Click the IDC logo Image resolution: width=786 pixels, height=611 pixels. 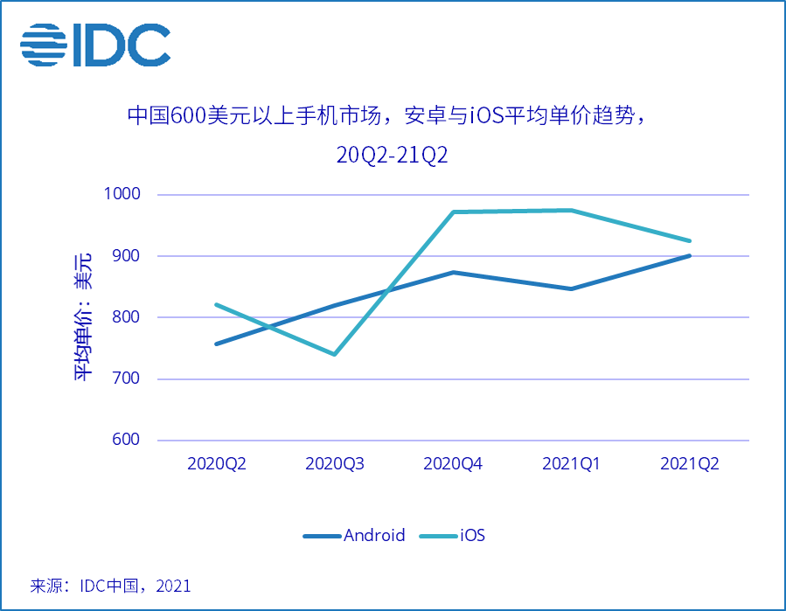click(95, 45)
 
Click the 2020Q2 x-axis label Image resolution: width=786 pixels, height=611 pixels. click(217, 464)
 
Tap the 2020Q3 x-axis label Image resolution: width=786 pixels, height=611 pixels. click(335, 464)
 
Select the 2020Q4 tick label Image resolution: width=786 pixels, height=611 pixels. click(453, 464)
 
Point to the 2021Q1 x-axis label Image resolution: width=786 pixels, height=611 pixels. click(571, 464)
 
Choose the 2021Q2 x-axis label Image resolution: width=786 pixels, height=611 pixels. click(690, 464)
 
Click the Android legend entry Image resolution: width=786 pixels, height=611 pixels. click(354, 535)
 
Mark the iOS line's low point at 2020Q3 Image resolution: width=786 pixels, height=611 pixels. click(334, 354)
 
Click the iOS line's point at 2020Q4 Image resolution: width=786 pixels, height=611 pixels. click(453, 212)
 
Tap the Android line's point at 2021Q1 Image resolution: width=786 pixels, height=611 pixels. click(571, 288)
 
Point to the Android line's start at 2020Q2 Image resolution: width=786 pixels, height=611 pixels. click(216, 344)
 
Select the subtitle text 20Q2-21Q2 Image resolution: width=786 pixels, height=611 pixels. click(393, 156)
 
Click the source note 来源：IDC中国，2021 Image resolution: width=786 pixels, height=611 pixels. click(110, 586)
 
